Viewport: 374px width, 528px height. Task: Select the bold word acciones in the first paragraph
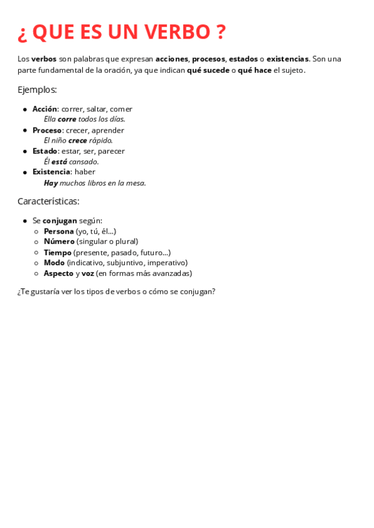171,59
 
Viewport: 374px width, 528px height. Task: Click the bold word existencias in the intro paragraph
287,59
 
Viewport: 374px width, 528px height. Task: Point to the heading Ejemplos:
37,90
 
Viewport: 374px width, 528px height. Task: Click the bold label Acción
45,109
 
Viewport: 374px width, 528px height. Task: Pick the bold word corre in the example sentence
67,119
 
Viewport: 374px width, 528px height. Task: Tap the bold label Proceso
47,130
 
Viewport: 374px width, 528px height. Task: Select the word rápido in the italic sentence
100,141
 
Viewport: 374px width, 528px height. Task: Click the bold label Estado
45,151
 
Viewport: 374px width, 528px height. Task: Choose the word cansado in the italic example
84,162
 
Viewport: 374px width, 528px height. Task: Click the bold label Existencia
52,172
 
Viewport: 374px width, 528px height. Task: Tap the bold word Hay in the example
50,183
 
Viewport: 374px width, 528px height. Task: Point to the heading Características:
49,201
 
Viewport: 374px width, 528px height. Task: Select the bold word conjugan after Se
60,220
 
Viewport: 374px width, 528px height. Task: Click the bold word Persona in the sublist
59,231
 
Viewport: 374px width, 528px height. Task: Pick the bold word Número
59,242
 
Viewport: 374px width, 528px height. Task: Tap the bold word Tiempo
57,252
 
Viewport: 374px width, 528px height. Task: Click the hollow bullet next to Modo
37,263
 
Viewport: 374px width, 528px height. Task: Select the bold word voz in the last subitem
88,273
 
